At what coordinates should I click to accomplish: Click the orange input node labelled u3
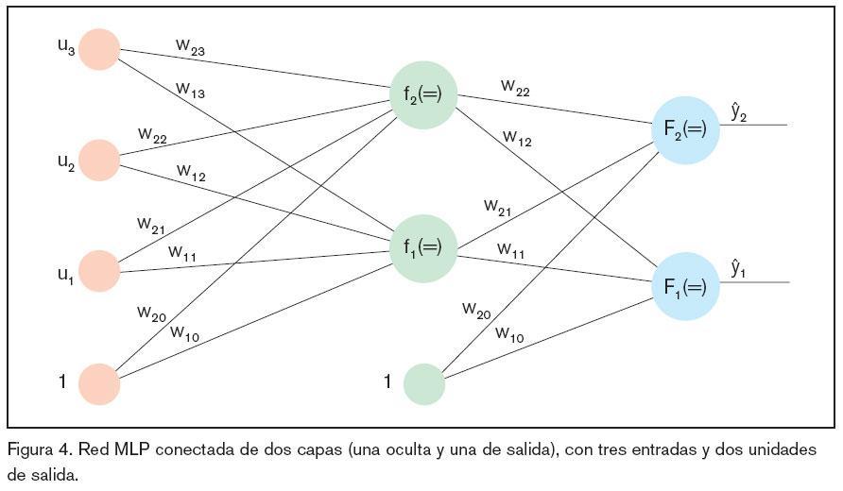[99, 49]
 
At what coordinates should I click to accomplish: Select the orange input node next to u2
[99, 161]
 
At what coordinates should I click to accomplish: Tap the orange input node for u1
[99, 271]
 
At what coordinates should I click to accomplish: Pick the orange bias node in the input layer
[99, 384]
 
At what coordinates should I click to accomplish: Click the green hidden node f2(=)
[423, 95]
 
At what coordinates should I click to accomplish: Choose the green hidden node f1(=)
[423, 248]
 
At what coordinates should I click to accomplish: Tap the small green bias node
[424, 384]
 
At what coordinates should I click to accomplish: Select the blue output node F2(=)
[685, 129]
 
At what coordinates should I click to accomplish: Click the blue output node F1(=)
[685, 286]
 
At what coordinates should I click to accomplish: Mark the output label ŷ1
[739, 269]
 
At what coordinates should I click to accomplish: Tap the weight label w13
[190, 90]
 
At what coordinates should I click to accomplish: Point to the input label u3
[66, 46]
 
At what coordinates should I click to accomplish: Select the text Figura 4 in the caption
[35, 449]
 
